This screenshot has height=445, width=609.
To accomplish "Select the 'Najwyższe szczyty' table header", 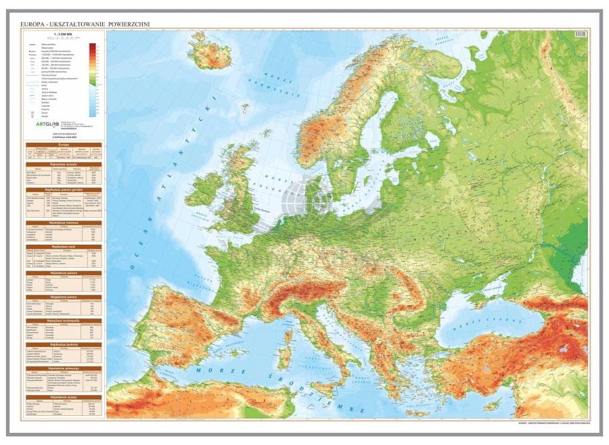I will (x=64, y=164).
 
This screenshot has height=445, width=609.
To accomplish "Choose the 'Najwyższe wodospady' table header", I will (x=64, y=320).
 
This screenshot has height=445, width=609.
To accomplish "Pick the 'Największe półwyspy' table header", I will (x=64, y=368).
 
